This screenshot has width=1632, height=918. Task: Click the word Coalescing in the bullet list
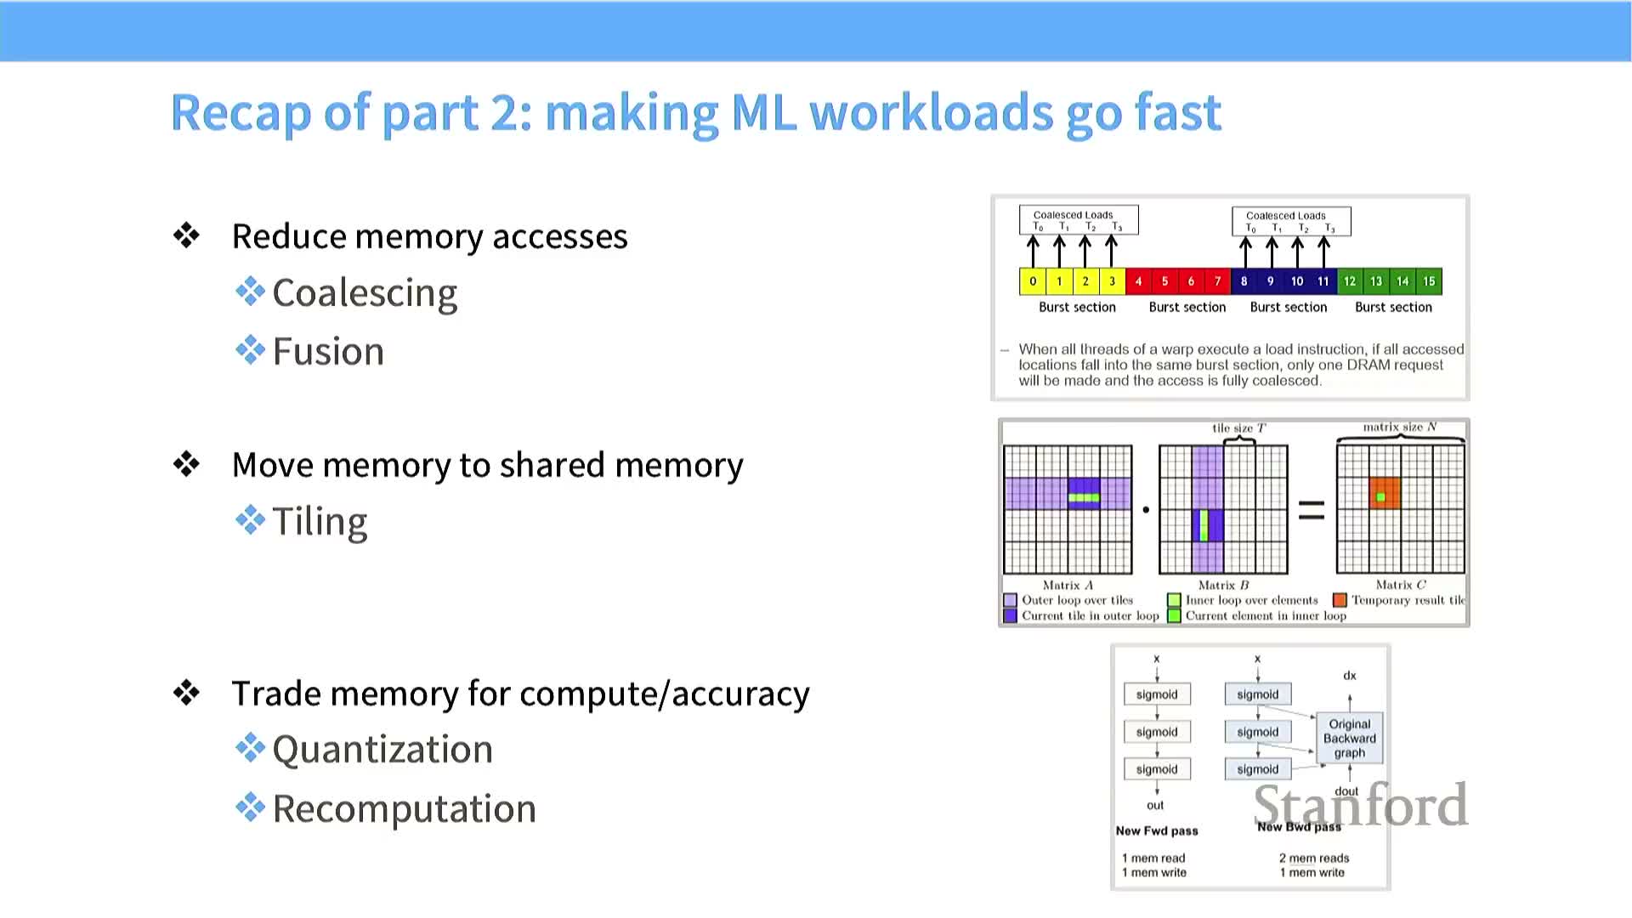pyautogui.click(x=365, y=293)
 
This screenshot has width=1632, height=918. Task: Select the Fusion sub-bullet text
pyautogui.click(x=328, y=352)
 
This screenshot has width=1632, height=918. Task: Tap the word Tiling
pyautogui.click(x=320, y=521)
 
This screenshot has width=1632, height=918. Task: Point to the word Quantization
pyautogui.click(x=382, y=750)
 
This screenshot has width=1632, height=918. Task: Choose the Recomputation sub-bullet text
pyautogui.click(x=404, y=808)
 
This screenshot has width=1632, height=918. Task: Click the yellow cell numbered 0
pyautogui.click(x=1033, y=281)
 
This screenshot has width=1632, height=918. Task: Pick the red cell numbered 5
pyautogui.click(x=1164, y=281)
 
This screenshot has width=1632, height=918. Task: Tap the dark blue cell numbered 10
pyautogui.click(x=1297, y=281)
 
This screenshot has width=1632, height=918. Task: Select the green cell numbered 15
pyautogui.click(x=1429, y=281)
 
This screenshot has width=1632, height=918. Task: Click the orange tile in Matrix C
pyautogui.click(x=1385, y=493)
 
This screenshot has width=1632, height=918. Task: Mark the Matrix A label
pyautogui.click(x=1068, y=585)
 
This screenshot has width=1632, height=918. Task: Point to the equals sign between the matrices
pyautogui.click(x=1312, y=510)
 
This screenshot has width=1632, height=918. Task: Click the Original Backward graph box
pyautogui.click(x=1349, y=738)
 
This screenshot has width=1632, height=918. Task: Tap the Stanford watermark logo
pyautogui.click(x=1360, y=805)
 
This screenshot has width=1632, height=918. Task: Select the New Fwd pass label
pyautogui.click(x=1157, y=830)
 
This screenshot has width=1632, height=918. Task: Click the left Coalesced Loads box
pyautogui.click(x=1078, y=220)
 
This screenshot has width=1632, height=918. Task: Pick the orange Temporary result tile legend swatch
pyautogui.click(x=1340, y=600)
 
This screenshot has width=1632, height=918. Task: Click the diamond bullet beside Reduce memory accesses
pyautogui.click(x=186, y=235)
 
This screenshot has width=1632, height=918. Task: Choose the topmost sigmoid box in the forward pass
pyautogui.click(x=1157, y=694)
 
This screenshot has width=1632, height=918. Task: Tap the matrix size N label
pyautogui.click(x=1400, y=427)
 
